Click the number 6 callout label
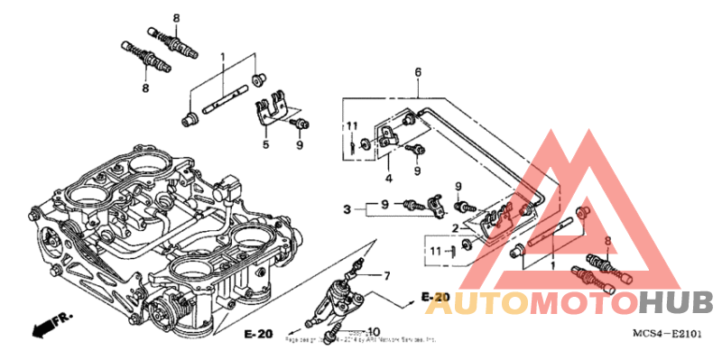418,71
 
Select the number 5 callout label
266,143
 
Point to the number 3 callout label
346,209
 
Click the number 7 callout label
387,274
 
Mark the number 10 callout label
375,331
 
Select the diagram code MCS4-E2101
668,335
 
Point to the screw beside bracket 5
301,122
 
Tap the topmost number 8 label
176,18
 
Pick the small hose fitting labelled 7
362,265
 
